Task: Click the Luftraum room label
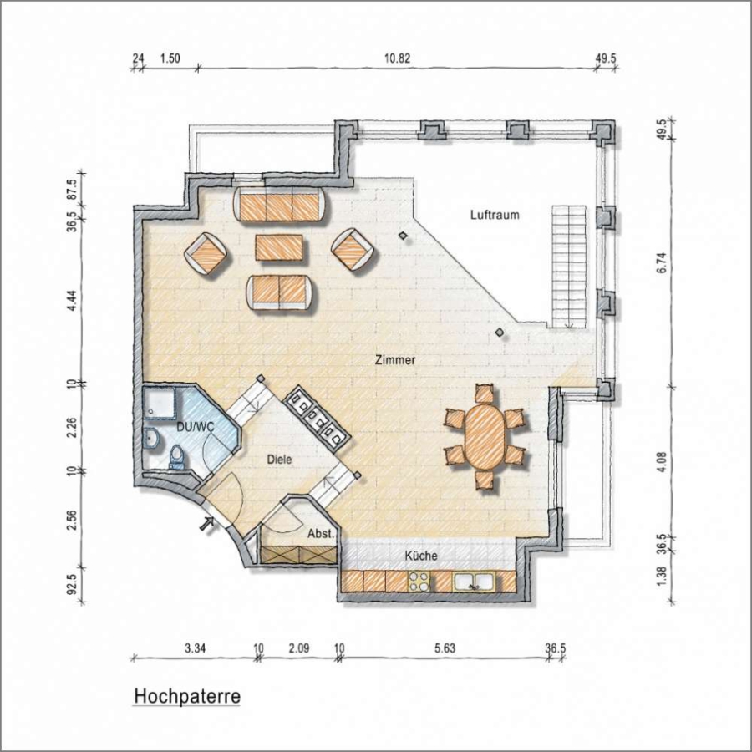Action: pos(495,215)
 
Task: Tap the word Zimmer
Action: pos(395,360)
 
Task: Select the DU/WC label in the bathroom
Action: pos(196,426)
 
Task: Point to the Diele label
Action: pos(280,459)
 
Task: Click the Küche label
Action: pos(421,556)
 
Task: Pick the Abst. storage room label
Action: pos(320,533)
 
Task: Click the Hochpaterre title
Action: pos(186,696)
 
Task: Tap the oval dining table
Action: pos(485,437)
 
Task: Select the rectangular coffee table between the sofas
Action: pos(278,247)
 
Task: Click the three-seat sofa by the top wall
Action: pos(281,204)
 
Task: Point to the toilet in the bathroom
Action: pos(176,457)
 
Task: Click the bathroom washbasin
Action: pos(152,437)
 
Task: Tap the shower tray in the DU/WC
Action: pos(160,404)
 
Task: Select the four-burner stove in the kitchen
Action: pos(419,582)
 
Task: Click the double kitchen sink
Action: pos(474,582)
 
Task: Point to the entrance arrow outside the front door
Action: pos(207,523)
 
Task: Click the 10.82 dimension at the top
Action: pos(397,58)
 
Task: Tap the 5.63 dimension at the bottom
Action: pos(445,649)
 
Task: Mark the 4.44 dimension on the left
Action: pos(74,300)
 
